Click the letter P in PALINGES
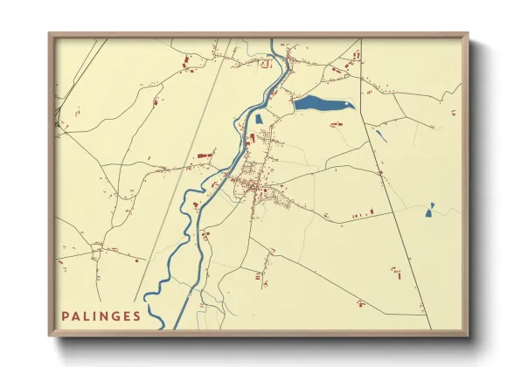point(65,315)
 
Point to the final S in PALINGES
point(137,315)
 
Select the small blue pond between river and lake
point(259,119)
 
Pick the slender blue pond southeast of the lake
point(381,135)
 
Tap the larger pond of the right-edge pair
point(430,209)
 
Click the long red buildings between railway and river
point(205,155)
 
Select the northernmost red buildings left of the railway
point(186,61)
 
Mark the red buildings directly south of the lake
point(336,125)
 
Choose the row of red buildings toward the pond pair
point(361,212)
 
